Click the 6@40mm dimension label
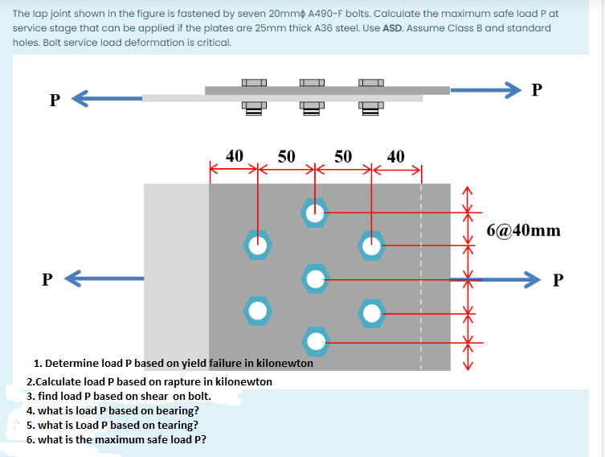point(524,231)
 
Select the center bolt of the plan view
point(314,278)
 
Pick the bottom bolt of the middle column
point(314,341)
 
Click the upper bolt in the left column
point(257,245)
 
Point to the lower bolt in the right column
point(371,310)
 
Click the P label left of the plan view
point(47,279)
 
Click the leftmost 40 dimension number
point(234,156)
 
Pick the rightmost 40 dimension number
point(396,156)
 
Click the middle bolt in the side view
point(311,96)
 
